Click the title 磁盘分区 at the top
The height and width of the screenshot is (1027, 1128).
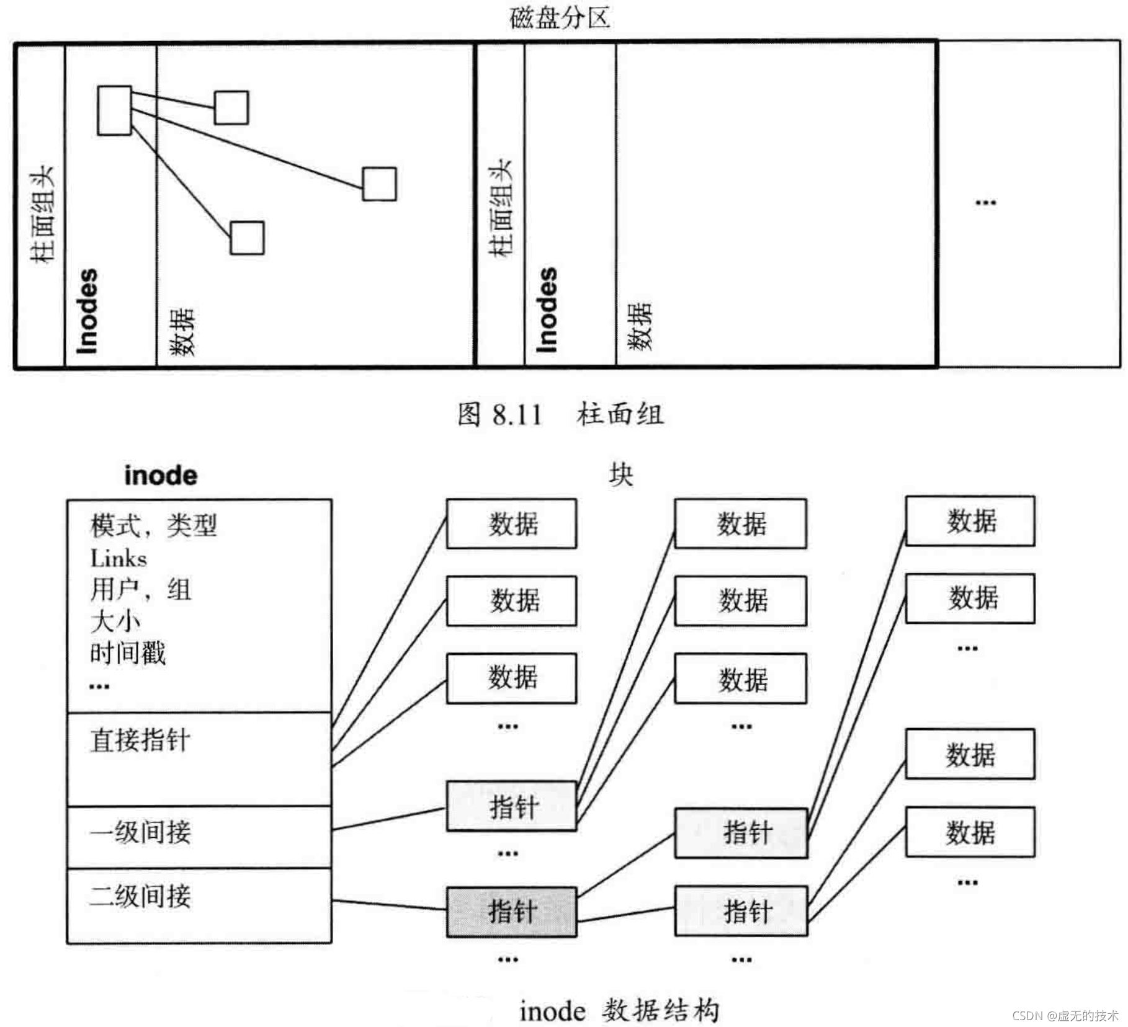point(560,17)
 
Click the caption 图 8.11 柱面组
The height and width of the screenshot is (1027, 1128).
point(560,414)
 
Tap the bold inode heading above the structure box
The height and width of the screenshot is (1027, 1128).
point(161,476)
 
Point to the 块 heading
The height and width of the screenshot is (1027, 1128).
point(620,475)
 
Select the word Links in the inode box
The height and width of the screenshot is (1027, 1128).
point(119,559)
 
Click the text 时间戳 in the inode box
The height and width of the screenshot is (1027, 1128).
point(128,653)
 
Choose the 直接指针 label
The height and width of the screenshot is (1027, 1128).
point(140,740)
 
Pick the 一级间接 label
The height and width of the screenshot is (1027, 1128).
point(140,832)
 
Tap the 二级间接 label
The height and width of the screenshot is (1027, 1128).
point(140,896)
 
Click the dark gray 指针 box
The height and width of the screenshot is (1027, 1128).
point(512,912)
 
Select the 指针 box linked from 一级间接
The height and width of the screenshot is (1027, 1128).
point(512,806)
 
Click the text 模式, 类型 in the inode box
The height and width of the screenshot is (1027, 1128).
point(153,526)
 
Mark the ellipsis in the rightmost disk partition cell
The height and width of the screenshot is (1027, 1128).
point(985,203)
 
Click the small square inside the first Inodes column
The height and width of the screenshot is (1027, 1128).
point(115,110)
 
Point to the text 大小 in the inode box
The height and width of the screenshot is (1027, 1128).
point(115,621)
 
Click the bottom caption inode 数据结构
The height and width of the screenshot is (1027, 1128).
point(619,1011)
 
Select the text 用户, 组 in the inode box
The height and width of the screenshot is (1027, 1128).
point(141,589)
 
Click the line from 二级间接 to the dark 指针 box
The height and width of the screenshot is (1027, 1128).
point(389,905)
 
